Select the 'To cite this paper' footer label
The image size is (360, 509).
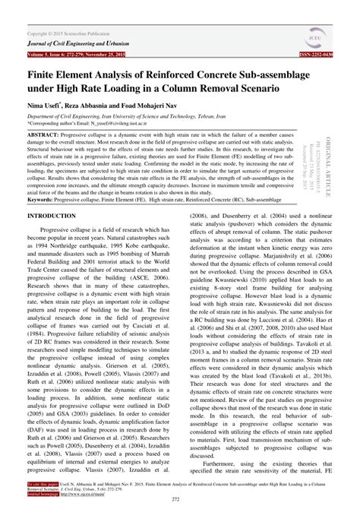pos(44,482)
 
